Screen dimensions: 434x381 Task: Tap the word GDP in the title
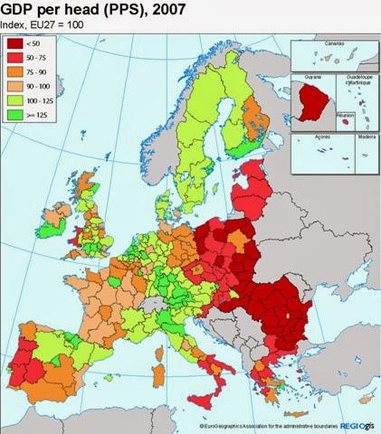19,11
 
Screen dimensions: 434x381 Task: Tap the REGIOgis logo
357,424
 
